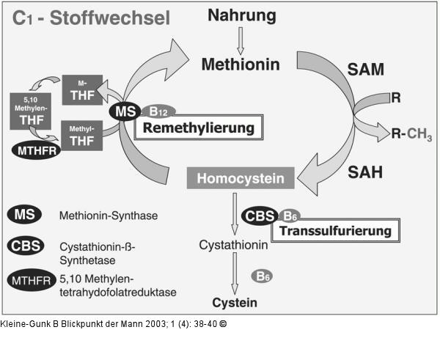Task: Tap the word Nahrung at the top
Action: [241, 15]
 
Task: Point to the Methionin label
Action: [241, 65]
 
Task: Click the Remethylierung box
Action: [198, 128]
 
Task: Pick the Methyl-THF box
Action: [82, 134]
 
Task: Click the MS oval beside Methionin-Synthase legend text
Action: [29, 216]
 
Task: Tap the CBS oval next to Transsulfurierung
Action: [259, 216]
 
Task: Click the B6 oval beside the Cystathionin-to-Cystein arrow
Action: [263, 276]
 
